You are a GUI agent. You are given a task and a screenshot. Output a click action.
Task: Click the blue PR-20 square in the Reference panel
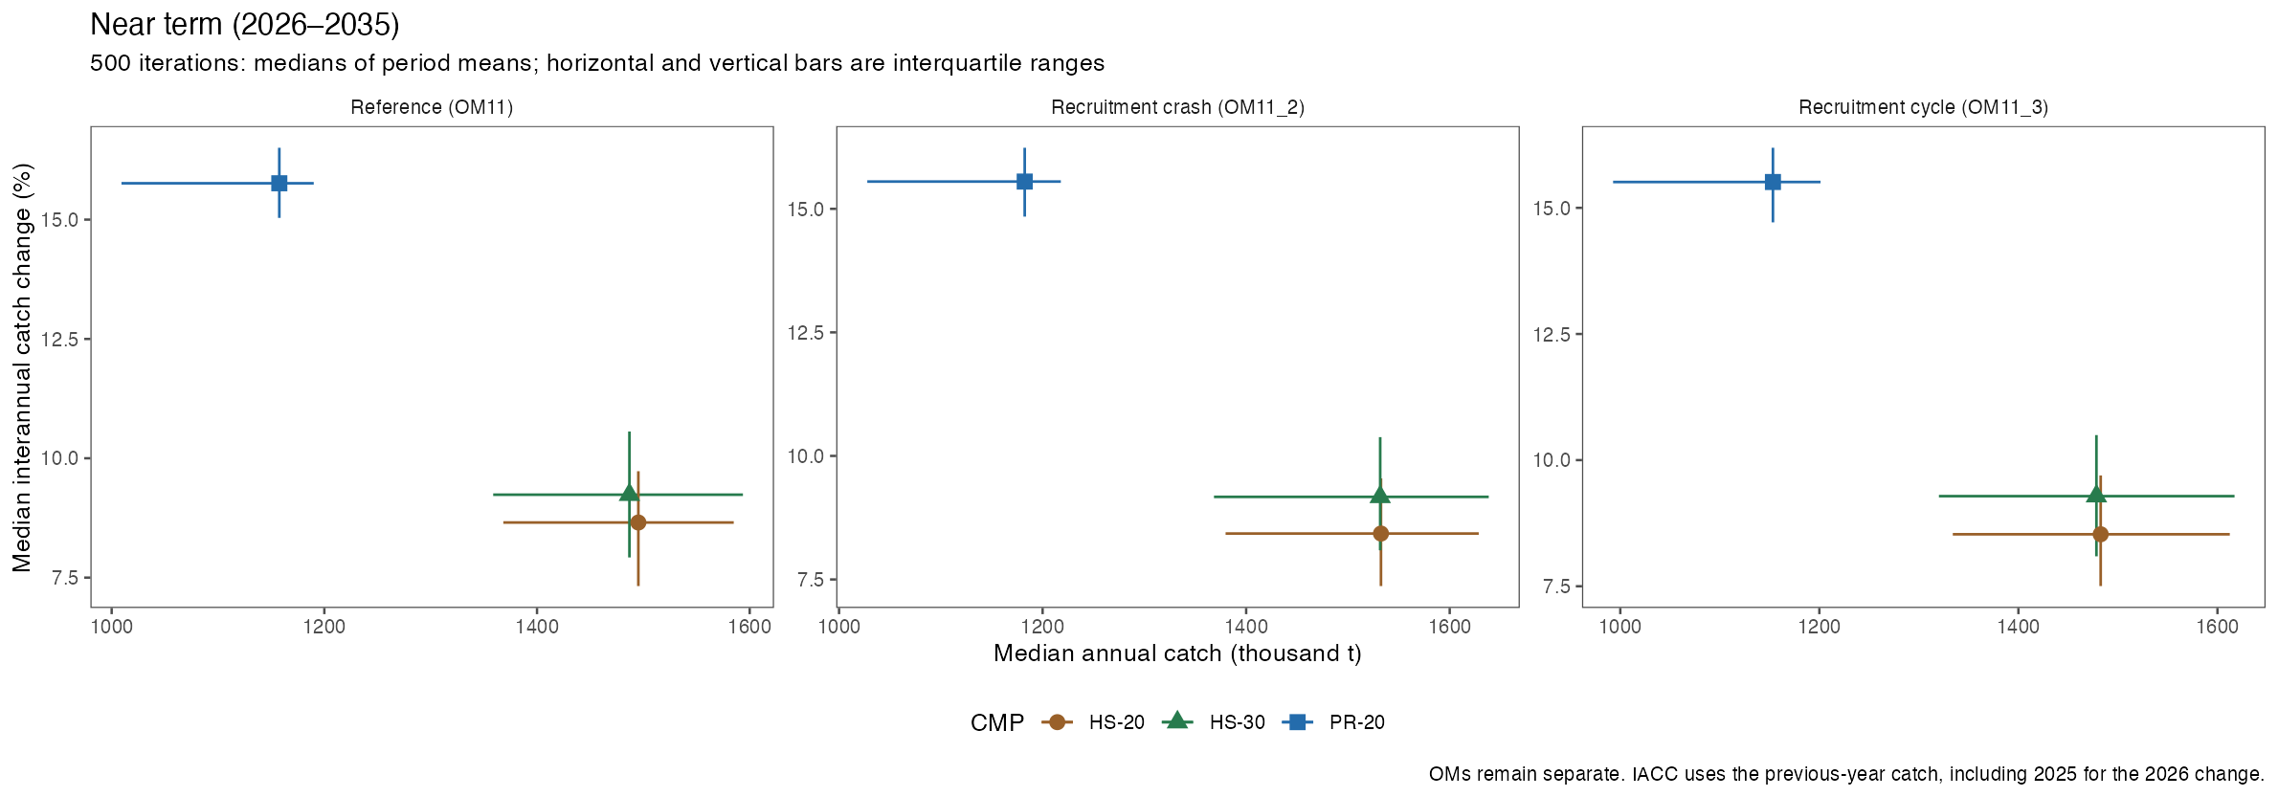tap(279, 183)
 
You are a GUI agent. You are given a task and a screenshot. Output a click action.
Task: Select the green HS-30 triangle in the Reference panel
tap(629, 493)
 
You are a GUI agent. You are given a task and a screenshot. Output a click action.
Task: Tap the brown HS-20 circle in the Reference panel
tap(638, 522)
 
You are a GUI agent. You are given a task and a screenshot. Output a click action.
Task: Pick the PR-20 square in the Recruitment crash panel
tap(1024, 181)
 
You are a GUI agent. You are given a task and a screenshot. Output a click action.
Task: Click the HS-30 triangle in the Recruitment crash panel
tap(1380, 495)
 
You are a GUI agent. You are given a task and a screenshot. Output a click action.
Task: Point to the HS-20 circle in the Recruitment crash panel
tap(1381, 533)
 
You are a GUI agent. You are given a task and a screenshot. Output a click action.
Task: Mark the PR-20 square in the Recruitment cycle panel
tap(1773, 182)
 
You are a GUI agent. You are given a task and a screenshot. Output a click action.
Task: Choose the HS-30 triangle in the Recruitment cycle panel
tap(2096, 494)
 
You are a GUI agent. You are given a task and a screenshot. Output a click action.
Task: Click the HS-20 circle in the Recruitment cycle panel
tap(2101, 534)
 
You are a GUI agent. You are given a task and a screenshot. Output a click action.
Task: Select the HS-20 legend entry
tap(1094, 722)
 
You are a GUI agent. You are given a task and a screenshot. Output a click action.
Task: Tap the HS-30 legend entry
tap(1214, 722)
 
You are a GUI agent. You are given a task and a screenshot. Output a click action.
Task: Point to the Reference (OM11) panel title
tap(432, 107)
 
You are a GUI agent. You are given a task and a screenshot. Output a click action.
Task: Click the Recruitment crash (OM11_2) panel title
tap(1177, 107)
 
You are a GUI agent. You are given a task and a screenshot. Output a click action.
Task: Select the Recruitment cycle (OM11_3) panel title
tap(1923, 107)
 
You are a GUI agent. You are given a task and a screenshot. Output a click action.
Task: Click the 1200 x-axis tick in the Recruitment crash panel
tap(1042, 627)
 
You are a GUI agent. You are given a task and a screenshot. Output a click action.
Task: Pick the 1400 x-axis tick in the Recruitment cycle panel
tap(2018, 627)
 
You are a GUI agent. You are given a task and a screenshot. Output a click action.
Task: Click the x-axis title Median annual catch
tap(1177, 653)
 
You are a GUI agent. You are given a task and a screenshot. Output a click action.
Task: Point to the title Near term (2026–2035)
tap(245, 25)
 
